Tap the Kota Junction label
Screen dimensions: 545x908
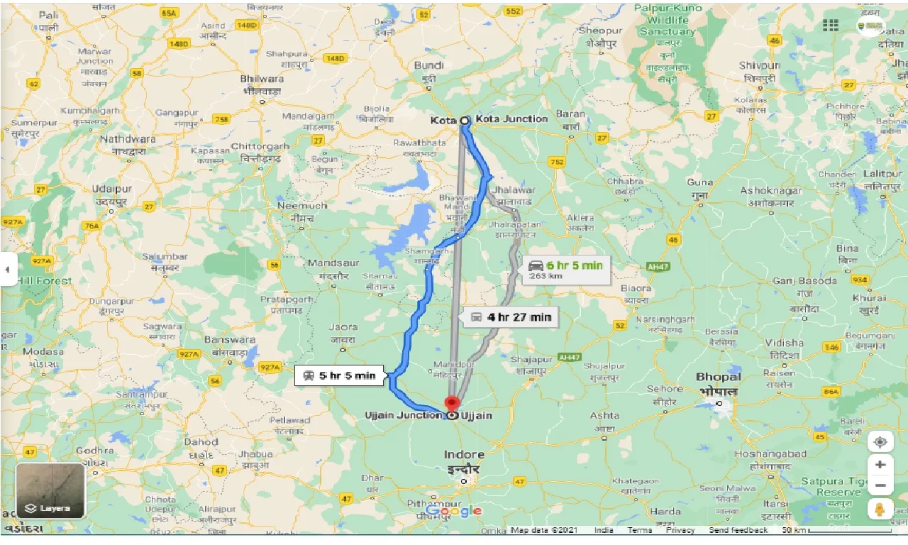click(x=511, y=119)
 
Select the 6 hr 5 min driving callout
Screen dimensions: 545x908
click(x=566, y=270)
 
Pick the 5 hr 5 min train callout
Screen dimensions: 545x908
click(x=340, y=375)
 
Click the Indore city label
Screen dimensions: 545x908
click(x=464, y=455)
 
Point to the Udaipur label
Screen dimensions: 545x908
click(x=112, y=189)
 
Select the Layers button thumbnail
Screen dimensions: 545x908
click(x=50, y=490)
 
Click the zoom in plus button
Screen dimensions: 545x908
click(x=880, y=464)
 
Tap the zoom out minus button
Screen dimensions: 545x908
click(x=880, y=486)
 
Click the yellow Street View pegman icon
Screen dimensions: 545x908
click(x=880, y=509)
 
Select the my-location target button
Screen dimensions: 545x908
click(x=880, y=441)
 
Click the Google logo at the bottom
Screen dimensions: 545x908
click(x=454, y=511)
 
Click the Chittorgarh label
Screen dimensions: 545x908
click(x=260, y=146)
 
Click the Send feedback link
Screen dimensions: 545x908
click(x=738, y=530)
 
